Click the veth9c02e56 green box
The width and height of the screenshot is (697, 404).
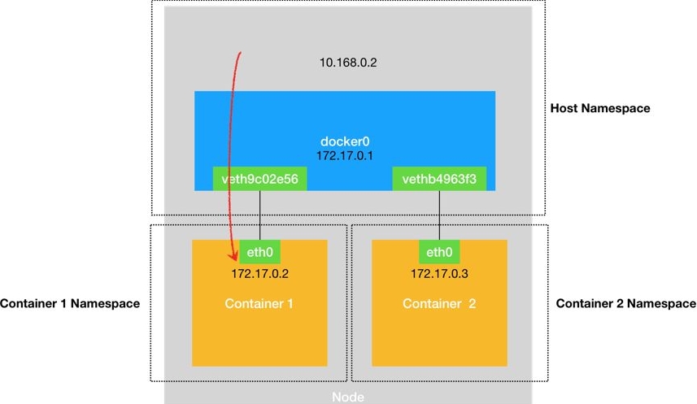tap(260, 179)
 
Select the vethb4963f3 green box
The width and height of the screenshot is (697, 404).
tap(440, 179)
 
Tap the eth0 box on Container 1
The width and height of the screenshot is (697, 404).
tap(259, 252)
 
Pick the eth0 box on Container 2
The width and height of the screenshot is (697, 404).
tap(439, 252)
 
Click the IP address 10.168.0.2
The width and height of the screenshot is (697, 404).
tap(349, 61)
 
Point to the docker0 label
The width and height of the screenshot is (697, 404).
tap(345, 139)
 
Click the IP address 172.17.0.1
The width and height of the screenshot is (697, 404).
tap(345, 153)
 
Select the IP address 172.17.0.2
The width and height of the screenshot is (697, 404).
tap(259, 274)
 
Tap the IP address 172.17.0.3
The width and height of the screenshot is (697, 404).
tap(439, 274)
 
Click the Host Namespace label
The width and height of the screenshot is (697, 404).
tap(600, 108)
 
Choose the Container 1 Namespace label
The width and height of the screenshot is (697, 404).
tap(70, 304)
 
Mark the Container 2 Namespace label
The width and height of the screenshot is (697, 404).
tap(625, 304)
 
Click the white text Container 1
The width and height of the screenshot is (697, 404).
tap(259, 304)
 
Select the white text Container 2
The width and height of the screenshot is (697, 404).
tap(439, 304)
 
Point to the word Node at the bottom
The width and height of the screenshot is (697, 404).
tap(347, 397)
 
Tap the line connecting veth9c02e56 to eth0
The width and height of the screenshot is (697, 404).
tap(259, 215)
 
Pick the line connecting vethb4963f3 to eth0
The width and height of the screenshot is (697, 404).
tap(440, 215)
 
